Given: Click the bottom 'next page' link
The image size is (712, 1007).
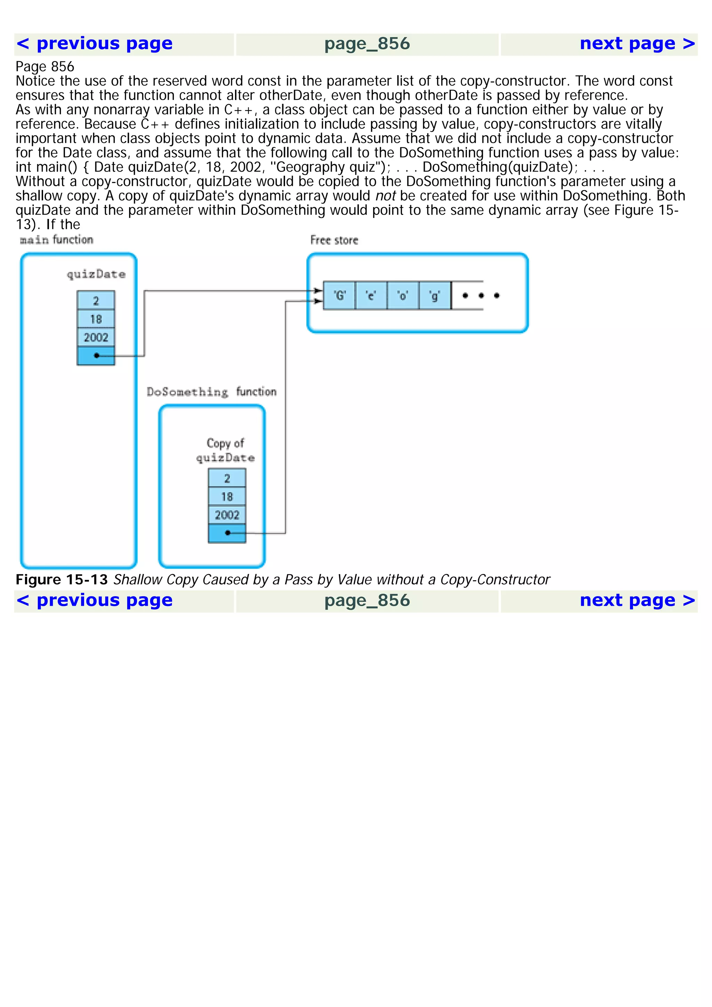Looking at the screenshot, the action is [x=637, y=600].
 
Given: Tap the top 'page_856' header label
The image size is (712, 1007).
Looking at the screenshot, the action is [x=367, y=44].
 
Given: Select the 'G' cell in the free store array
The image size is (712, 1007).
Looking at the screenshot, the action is [x=339, y=296].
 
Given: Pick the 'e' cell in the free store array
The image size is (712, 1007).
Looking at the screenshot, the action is [x=371, y=296].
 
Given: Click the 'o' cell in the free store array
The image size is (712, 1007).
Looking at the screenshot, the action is [x=403, y=296].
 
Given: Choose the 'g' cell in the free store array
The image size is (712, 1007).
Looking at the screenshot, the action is [x=435, y=296].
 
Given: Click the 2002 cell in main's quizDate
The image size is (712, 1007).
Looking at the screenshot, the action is [x=96, y=337].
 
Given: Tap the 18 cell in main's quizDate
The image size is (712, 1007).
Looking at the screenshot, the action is [x=96, y=319].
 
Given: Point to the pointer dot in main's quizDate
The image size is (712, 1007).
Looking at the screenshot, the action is [x=97, y=355].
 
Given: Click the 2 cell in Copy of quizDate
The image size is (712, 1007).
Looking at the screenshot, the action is [x=227, y=478].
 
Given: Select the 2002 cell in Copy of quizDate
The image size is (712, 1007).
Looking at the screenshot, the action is [x=227, y=515].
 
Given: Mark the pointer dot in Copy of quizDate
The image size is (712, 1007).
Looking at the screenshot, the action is [x=227, y=533].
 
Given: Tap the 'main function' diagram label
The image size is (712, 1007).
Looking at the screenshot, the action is [x=57, y=239].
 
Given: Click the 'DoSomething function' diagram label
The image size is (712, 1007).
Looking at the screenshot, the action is [x=211, y=392].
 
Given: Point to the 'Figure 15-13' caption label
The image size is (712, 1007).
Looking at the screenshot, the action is [x=62, y=580].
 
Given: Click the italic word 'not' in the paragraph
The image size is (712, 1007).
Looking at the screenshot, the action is [x=385, y=196].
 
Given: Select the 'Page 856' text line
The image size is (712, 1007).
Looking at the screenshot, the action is [x=45, y=67].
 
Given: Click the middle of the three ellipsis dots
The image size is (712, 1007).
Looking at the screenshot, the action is [x=481, y=296].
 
